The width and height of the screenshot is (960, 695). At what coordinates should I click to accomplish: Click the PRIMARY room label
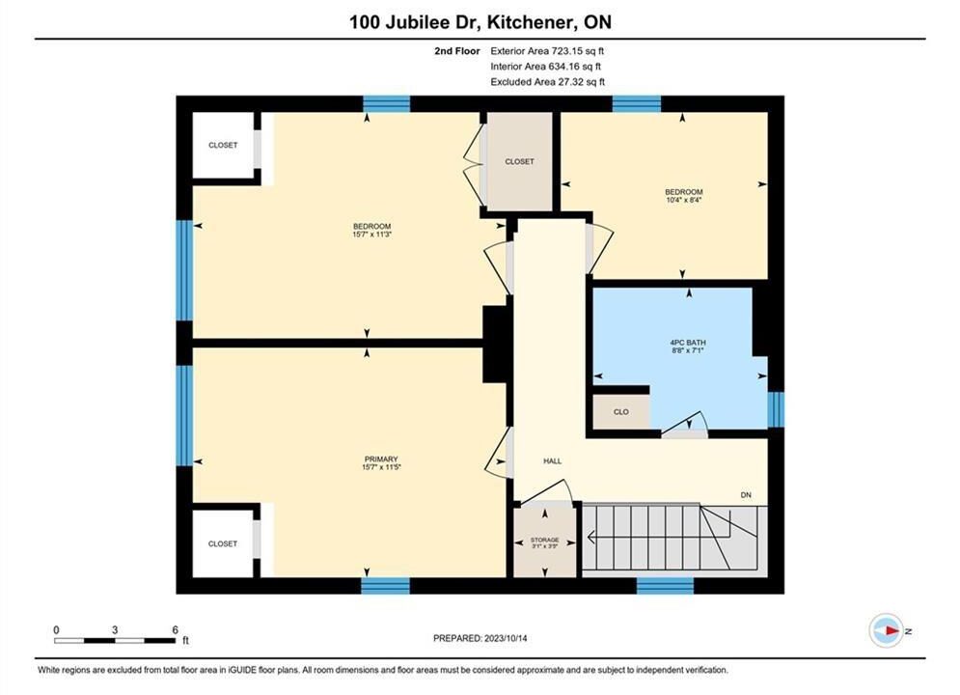pyautogui.click(x=381, y=459)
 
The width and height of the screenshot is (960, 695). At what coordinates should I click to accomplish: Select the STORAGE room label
pyautogui.click(x=544, y=540)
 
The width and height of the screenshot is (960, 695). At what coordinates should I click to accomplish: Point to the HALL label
pyautogui.click(x=552, y=461)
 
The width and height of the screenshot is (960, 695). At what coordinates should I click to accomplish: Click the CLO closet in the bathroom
pyautogui.click(x=620, y=412)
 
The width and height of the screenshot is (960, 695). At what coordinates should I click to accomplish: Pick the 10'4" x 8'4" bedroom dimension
pyautogui.click(x=683, y=200)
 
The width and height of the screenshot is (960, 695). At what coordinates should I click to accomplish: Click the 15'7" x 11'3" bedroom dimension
pyautogui.click(x=371, y=234)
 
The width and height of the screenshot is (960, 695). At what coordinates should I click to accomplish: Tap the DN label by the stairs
pyautogui.click(x=746, y=495)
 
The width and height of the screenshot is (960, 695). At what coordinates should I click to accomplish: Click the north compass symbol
pyautogui.click(x=886, y=630)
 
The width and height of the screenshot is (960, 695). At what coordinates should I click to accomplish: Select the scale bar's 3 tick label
pyautogui.click(x=115, y=629)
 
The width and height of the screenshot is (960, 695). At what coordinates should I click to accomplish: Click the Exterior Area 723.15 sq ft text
pyautogui.click(x=547, y=51)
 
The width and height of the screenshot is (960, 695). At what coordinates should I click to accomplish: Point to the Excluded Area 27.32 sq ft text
pyautogui.click(x=547, y=81)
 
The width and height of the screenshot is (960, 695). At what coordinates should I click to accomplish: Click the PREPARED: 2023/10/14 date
pyautogui.click(x=480, y=638)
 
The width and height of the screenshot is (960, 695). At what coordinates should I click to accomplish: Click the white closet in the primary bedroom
pyautogui.click(x=223, y=543)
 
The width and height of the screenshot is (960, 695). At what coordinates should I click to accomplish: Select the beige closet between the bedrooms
pyautogui.click(x=519, y=161)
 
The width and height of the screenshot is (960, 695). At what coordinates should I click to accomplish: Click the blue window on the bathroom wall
pyautogui.click(x=776, y=409)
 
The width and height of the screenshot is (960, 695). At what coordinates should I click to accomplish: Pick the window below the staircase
pyautogui.click(x=665, y=585)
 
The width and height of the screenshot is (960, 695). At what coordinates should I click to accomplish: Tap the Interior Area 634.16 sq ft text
pyautogui.click(x=545, y=67)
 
